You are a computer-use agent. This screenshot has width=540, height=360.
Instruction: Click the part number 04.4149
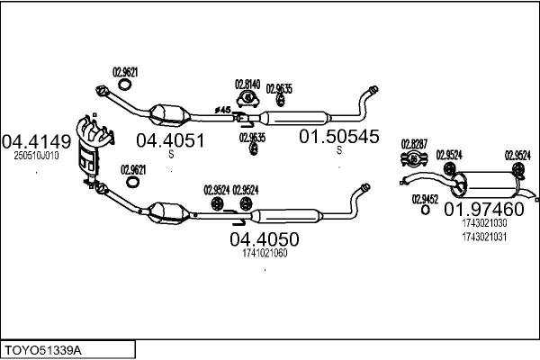coord(36,141)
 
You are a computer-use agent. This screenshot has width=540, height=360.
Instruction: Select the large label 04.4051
coord(170,140)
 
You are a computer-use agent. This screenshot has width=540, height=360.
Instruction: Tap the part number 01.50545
coord(339,137)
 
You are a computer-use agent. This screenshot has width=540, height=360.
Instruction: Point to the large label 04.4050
coord(265,239)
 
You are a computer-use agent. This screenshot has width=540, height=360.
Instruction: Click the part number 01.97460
coord(484,209)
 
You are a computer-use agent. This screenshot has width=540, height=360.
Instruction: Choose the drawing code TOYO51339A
coord(43,351)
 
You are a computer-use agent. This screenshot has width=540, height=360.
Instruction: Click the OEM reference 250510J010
coord(36,156)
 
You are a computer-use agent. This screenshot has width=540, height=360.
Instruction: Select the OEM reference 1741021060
coord(265,253)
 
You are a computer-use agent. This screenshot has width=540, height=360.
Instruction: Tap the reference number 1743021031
coord(484,237)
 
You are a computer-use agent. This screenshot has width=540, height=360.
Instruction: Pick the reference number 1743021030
coord(484,223)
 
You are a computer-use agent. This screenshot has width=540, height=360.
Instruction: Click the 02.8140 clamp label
coord(247,85)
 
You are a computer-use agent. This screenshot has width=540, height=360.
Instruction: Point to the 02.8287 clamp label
coord(414,144)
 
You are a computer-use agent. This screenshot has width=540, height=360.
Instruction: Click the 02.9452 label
coord(425,199)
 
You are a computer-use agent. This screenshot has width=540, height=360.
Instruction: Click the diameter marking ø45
coord(222,110)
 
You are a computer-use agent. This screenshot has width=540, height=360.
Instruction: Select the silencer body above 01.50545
coord(295,118)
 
